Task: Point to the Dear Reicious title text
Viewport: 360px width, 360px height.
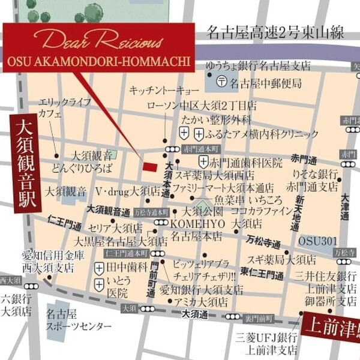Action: pyautogui.click(x=99, y=41)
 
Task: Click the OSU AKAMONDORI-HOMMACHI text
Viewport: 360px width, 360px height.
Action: pyautogui.click(x=99, y=62)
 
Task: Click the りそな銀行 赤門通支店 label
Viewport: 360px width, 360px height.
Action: pyautogui.click(x=311, y=180)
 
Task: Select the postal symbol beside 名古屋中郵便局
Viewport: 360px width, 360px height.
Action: pyautogui.click(x=221, y=81)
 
